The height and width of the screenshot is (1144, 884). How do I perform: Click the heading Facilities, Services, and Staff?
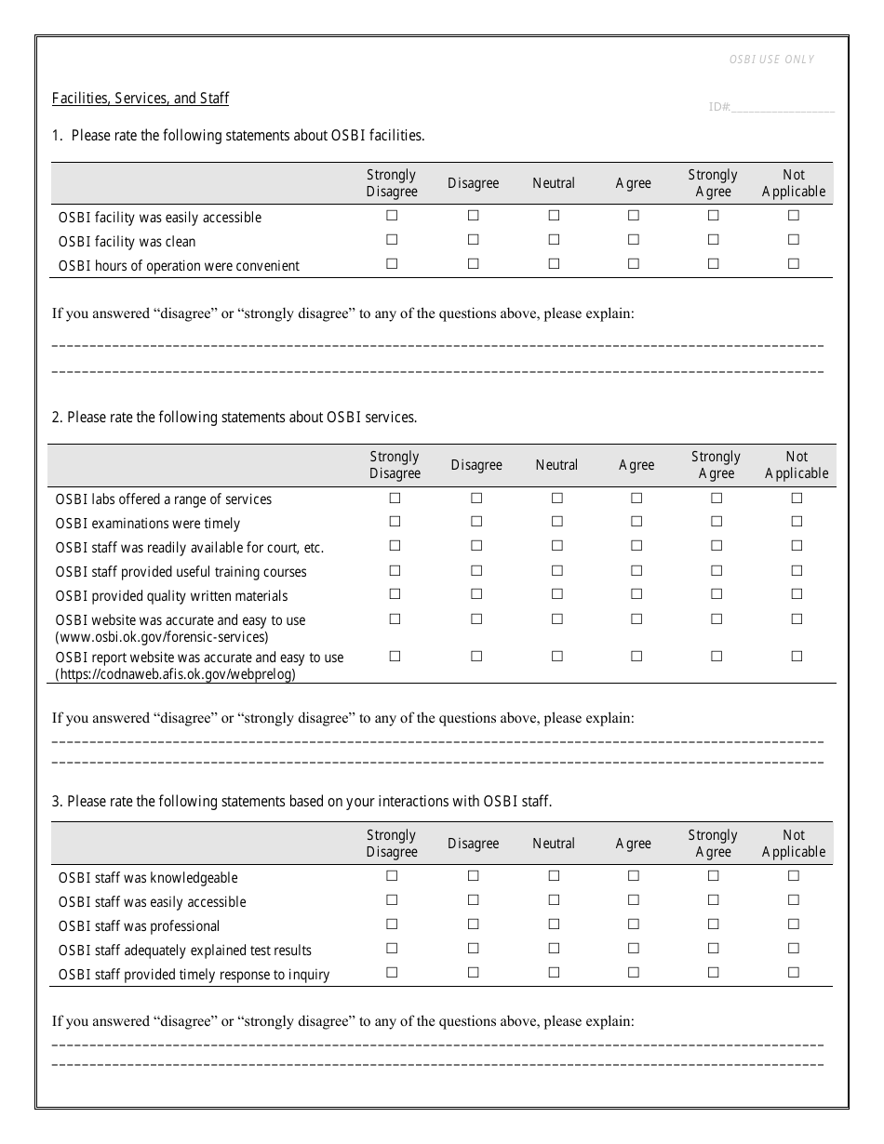point(141,99)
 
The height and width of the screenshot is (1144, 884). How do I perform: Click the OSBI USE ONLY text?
point(771,60)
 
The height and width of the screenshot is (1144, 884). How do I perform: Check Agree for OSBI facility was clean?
point(634,240)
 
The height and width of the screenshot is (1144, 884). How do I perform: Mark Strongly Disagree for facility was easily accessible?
point(392,216)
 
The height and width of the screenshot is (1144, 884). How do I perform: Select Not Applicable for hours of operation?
point(794,264)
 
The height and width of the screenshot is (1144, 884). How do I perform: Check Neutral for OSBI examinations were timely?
point(556,522)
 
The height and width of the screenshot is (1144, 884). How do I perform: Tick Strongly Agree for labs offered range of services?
point(717,498)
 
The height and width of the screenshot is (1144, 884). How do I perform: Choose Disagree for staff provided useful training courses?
point(476,570)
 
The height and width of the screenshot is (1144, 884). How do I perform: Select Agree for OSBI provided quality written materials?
point(636,594)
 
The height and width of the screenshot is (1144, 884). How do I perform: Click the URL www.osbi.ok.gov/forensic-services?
point(163,637)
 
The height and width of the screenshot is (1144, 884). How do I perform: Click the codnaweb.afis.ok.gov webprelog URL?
point(176,674)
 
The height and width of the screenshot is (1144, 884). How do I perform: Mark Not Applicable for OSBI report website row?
point(797,656)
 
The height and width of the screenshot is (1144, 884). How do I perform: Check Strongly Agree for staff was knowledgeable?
point(713,876)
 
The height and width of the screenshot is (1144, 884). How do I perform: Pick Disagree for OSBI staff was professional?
point(473,925)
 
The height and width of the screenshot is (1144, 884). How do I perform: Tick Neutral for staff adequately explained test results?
point(554,949)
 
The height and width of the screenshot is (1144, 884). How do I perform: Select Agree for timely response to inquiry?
point(634,973)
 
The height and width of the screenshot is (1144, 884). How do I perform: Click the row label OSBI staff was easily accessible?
point(152,902)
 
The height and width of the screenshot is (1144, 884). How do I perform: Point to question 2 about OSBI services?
point(234,418)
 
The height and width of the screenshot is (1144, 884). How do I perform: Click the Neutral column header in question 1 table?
point(554,183)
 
